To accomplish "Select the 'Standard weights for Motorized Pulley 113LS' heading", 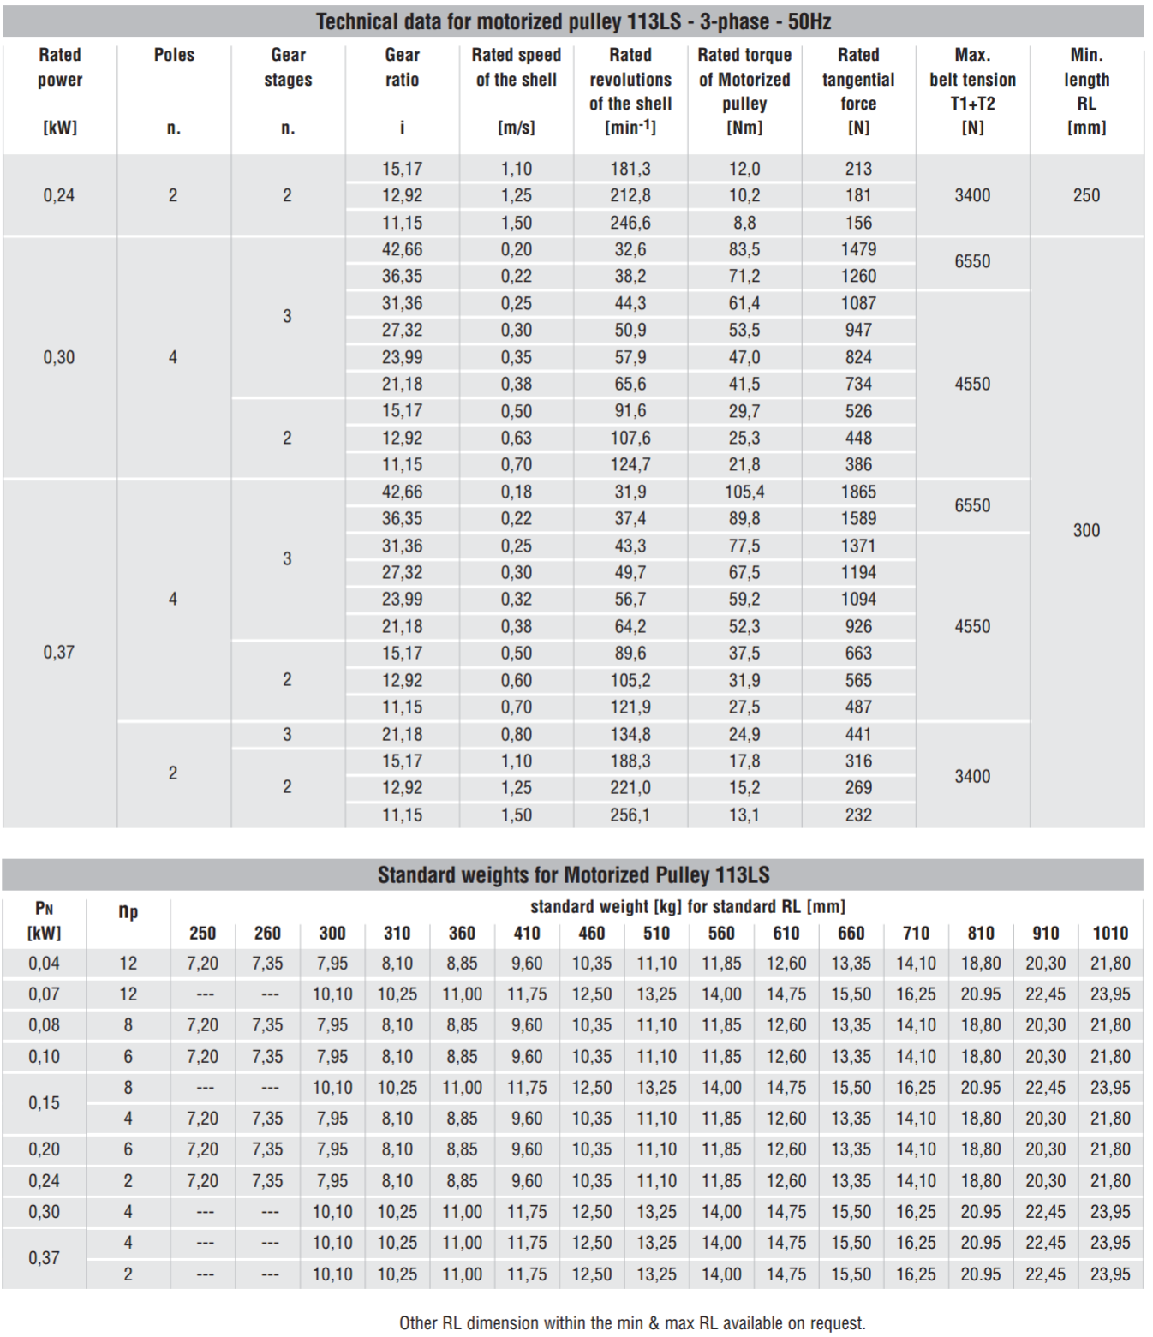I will pyautogui.click(x=573, y=874).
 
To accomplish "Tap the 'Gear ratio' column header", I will pyautogui.click(x=402, y=67).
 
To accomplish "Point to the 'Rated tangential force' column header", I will pyautogui.click(x=857, y=91).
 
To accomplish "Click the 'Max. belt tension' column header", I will pyautogui.click(x=972, y=91).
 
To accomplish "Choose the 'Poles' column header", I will pyautogui.click(x=174, y=55).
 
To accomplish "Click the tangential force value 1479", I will pyautogui.click(x=858, y=249).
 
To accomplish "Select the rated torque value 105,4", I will pyautogui.click(x=744, y=492).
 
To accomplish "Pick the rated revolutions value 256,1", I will pyautogui.click(x=630, y=815).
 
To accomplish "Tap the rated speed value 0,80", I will pyautogui.click(x=516, y=734).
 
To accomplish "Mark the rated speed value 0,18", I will pyautogui.click(x=516, y=492).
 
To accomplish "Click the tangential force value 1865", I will pyautogui.click(x=858, y=492).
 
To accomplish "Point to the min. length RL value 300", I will pyautogui.click(x=1086, y=530).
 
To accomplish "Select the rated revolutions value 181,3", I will pyautogui.click(x=630, y=169).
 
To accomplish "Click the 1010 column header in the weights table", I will pyautogui.click(x=1110, y=933).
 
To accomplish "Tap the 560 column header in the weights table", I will pyautogui.click(x=721, y=933).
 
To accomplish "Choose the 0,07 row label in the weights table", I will pyautogui.click(x=44, y=994).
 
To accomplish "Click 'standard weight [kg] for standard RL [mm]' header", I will pyautogui.click(x=687, y=906).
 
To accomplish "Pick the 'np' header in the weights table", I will pyautogui.click(x=128, y=911).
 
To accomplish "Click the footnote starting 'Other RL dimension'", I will pyautogui.click(x=632, y=1322).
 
